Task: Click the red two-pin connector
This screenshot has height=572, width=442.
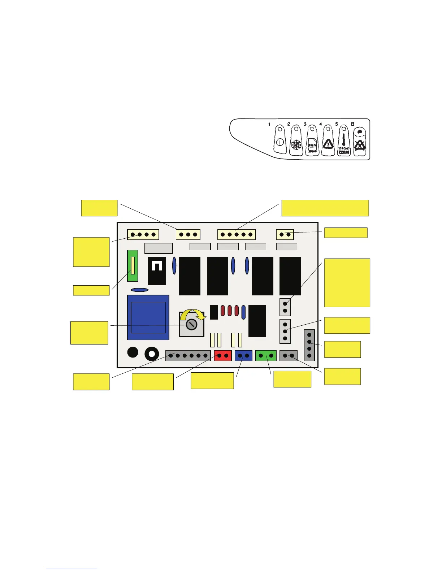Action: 222,356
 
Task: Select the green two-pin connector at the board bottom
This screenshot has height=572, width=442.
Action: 266,356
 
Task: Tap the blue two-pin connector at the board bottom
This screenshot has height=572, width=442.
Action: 243,356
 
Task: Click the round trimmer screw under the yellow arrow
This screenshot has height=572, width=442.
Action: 191,325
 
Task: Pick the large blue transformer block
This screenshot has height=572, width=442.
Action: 148,317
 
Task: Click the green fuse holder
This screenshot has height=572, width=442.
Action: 133,265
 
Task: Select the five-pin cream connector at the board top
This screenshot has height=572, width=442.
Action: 237,234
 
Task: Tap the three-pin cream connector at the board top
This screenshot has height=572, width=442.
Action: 188,234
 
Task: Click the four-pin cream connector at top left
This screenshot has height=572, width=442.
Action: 143,234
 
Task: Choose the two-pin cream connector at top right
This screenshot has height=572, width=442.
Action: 285,234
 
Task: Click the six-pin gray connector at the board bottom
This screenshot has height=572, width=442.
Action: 188,356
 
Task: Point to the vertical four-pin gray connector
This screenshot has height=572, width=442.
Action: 309,345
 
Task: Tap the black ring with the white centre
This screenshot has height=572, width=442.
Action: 152,354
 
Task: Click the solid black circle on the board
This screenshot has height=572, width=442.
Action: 133,352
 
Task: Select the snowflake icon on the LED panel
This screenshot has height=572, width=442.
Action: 296,146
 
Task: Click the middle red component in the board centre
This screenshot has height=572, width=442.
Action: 230,311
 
